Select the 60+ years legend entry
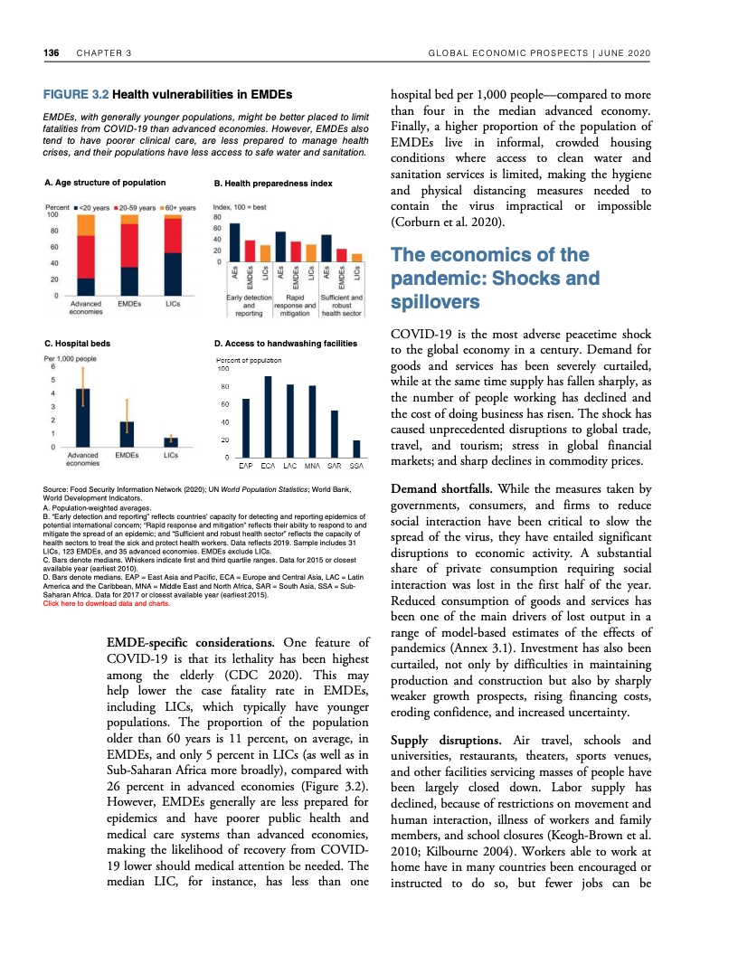(x=179, y=208)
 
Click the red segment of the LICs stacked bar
(x=172, y=238)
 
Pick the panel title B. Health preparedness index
(x=273, y=184)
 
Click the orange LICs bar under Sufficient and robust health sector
(x=357, y=257)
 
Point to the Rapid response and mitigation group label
(x=293, y=307)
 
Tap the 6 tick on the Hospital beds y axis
(x=52, y=367)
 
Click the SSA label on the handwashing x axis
(x=356, y=466)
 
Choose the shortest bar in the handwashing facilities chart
(x=356, y=449)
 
